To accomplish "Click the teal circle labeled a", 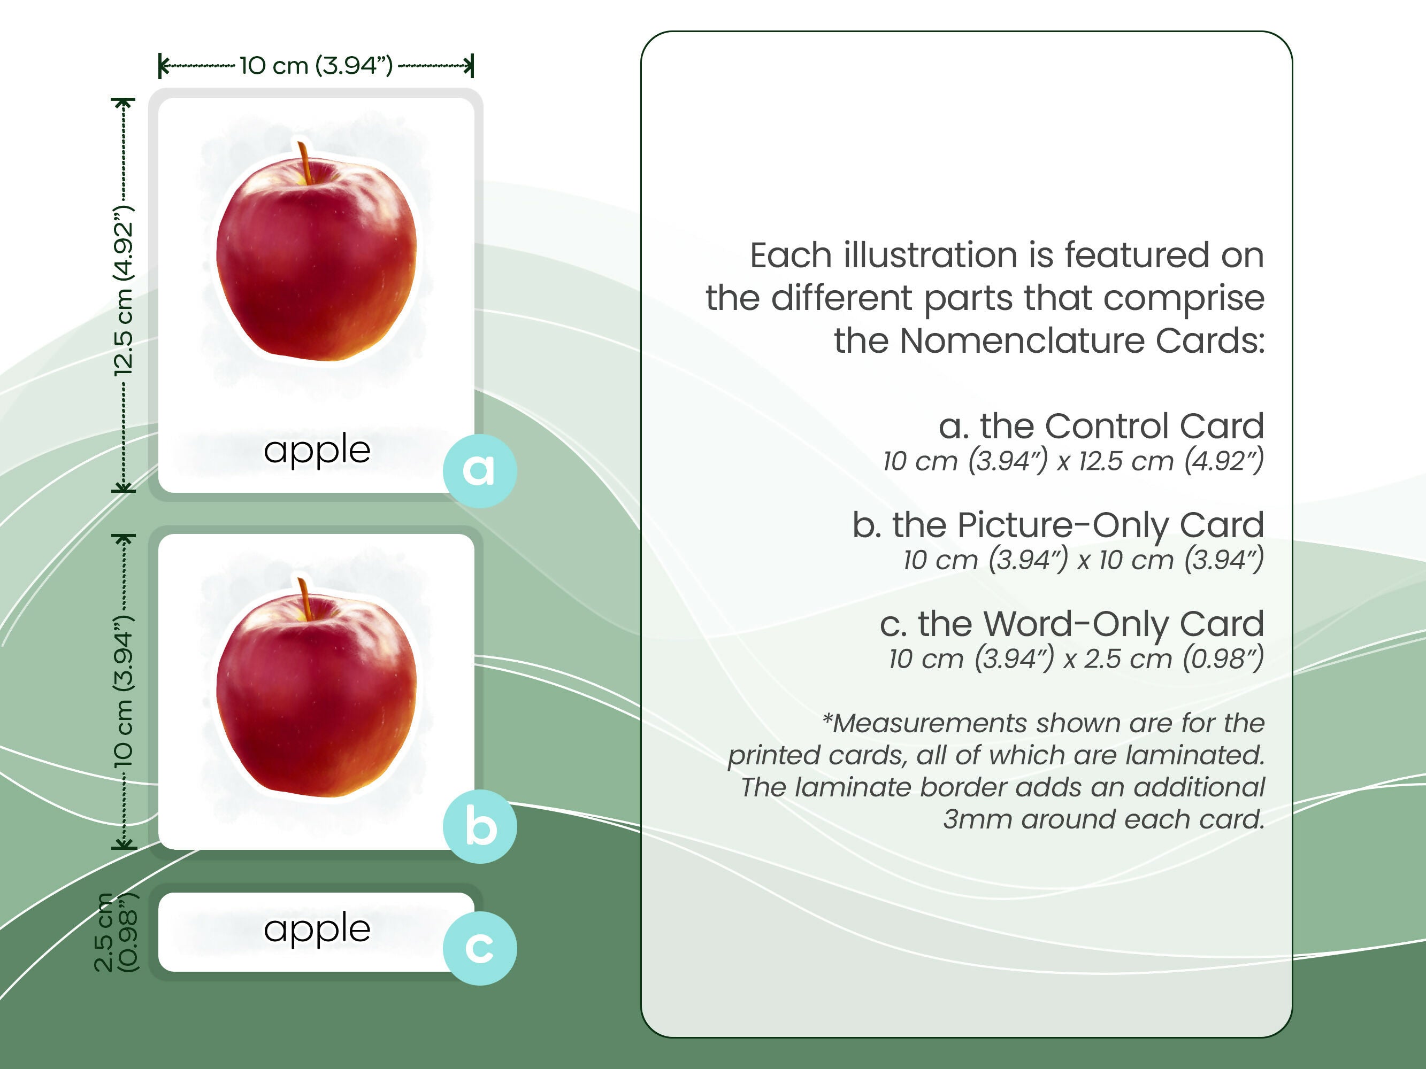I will point(479,470).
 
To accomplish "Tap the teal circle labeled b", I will point(479,827).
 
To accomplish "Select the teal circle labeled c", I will point(479,948).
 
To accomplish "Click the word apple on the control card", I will point(317,450).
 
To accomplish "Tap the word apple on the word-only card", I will point(317,929).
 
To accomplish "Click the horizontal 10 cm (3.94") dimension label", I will point(316,65).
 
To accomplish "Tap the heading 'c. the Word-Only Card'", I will point(1071,624).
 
